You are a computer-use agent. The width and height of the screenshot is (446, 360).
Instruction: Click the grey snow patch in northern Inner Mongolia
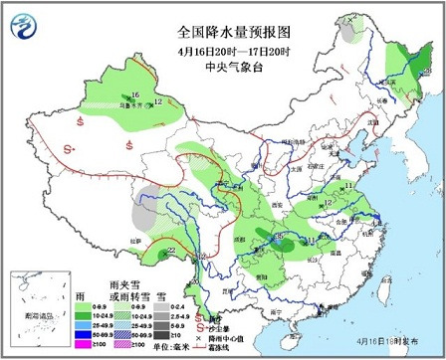point(347,33)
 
